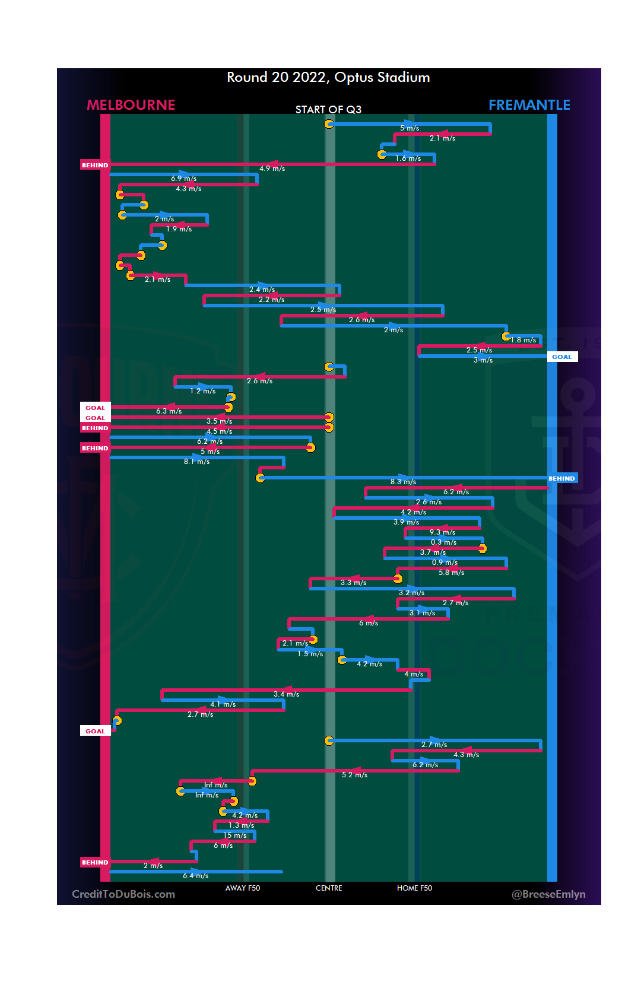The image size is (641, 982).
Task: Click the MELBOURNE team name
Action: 131,105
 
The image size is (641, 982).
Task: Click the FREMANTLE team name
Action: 529,105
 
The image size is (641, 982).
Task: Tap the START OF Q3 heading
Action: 328,110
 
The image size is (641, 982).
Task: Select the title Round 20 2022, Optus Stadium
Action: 328,78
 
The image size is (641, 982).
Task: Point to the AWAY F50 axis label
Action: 242,888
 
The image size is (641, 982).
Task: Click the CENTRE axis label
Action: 329,888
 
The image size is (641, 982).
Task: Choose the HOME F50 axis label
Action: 414,888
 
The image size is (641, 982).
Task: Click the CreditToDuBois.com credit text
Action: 123,894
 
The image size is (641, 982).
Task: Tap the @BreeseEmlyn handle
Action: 548,894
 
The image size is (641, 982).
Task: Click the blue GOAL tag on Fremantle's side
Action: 561,357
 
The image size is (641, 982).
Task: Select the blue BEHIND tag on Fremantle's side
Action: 561,479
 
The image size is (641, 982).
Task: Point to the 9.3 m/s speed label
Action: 442,532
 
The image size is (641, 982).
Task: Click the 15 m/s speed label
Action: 234,835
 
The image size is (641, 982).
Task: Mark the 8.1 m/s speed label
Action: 196,462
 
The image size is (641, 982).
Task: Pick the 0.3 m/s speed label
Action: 443,542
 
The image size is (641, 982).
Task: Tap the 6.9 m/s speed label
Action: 183,179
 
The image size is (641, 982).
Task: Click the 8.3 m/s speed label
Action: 403,482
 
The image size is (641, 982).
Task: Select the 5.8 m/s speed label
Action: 451,573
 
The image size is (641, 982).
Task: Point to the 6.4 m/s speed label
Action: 195,876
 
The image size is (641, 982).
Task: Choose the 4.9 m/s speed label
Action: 272,169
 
